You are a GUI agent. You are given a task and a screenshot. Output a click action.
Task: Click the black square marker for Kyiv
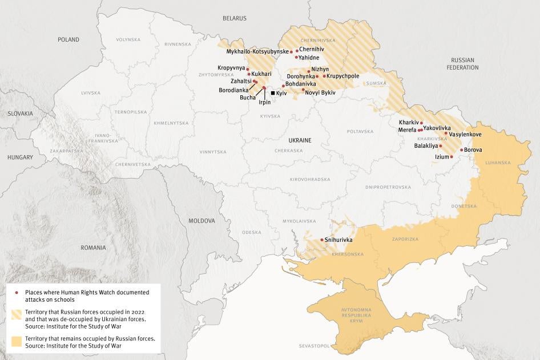(273, 93)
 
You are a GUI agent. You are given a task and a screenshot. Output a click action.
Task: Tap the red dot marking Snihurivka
(321, 240)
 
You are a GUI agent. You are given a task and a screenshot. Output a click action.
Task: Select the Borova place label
(473, 150)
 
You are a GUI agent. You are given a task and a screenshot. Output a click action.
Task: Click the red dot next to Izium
(452, 156)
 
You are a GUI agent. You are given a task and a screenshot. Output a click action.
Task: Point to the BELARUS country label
(235, 18)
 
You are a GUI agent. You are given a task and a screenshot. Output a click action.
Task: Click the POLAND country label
(68, 39)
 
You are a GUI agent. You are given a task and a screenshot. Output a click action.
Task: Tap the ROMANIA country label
(93, 248)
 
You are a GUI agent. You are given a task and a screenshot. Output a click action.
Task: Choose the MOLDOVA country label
(202, 220)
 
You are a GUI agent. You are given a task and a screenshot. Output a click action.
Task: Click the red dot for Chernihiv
(297, 50)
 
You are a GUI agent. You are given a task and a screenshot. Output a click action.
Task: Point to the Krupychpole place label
(343, 76)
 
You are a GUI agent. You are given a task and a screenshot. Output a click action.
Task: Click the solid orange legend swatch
(15, 342)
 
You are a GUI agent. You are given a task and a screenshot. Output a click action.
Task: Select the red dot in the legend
(15, 292)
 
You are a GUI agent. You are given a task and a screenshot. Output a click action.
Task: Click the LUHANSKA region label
(498, 163)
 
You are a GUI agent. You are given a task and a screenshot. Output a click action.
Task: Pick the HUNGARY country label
(21, 157)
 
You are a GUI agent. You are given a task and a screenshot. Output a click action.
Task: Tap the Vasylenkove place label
(465, 134)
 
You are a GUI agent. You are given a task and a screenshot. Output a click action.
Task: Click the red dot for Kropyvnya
(248, 68)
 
